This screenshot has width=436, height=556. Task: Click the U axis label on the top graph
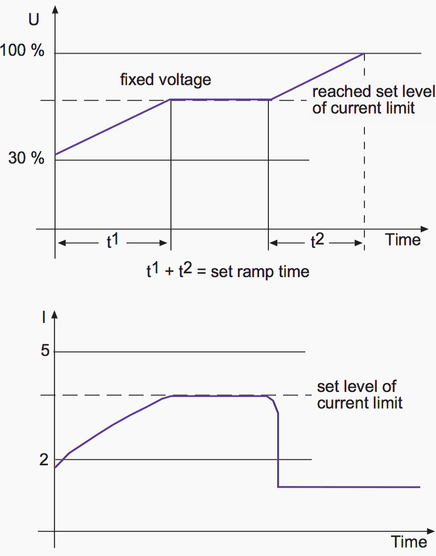point(34,19)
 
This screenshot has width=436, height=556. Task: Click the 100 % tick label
point(22,50)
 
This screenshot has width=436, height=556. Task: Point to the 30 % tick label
point(26,158)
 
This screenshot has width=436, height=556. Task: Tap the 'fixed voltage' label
point(166,80)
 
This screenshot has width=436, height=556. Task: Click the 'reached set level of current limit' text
point(373,100)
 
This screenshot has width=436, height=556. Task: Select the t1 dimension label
point(112,241)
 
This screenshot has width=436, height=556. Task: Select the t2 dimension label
point(317,241)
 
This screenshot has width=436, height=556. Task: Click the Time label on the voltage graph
point(403,240)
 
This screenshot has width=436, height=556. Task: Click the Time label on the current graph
point(408,542)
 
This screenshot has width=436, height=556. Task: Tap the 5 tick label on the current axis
point(45,351)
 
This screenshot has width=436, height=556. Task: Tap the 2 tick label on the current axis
point(44,459)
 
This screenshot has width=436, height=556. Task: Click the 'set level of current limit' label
point(359,395)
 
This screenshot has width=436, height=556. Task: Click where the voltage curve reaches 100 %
point(364,53)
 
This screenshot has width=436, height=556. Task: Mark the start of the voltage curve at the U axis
point(55,154)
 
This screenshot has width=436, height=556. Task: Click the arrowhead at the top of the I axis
point(54,315)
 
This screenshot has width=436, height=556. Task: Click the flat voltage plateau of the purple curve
point(220,100)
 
